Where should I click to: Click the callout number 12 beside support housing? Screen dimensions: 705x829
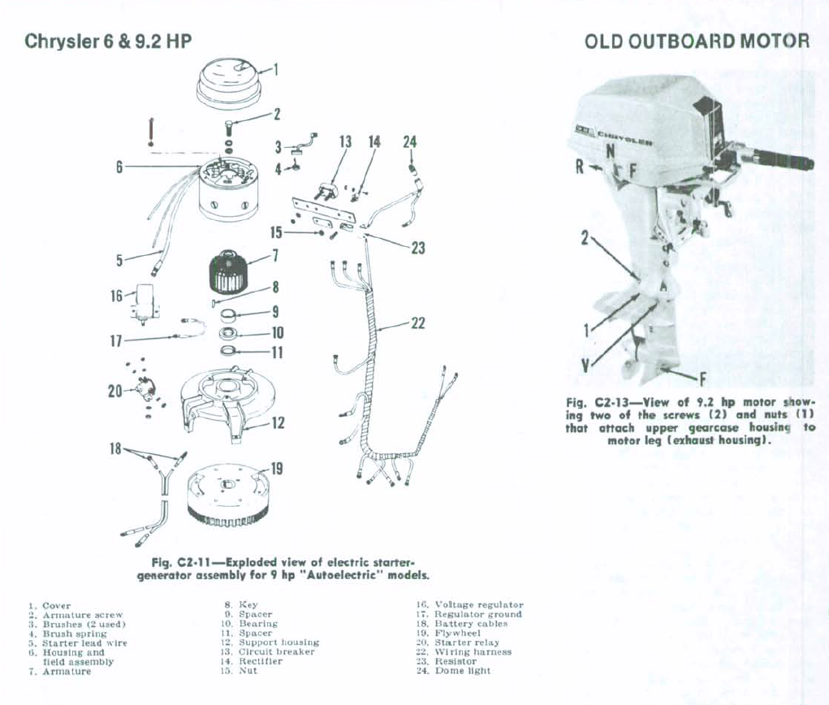pyautogui.click(x=278, y=423)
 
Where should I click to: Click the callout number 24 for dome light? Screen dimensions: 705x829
pyautogui.click(x=409, y=142)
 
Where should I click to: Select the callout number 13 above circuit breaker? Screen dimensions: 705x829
pyautogui.click(x=345, y=142)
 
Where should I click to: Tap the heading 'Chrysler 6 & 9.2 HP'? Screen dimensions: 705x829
pyautogui.click(x=108, y=41)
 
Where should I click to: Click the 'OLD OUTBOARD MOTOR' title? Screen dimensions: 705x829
pyautogui.click(x=697, y=41)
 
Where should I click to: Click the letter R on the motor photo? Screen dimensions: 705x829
pyautogui.click(x=580, y=167)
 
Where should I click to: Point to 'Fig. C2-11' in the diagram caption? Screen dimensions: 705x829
pyautogui.click(x=186, y=562)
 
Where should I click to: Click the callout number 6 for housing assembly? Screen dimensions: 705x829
pyautogui.click(x=119, y=167)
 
